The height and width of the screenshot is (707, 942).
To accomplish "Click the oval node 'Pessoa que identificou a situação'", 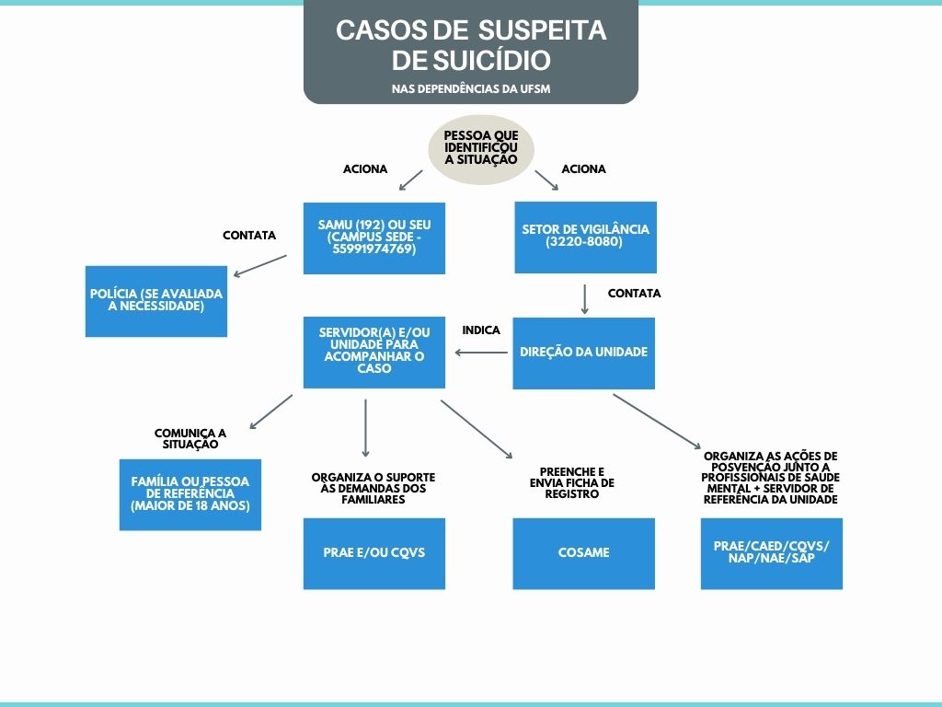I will coord(481,149).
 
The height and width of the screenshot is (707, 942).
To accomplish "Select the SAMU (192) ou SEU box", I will coord(374,238).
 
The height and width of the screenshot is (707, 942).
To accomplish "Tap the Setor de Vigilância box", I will coord(585,237).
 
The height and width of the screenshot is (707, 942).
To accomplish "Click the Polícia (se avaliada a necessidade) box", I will coord(156,300).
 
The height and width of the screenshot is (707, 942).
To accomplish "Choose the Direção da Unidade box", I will coord(583,353).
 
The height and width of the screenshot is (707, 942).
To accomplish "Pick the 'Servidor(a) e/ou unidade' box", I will coord(374,352).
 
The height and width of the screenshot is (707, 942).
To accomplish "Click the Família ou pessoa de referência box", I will coord(190,493).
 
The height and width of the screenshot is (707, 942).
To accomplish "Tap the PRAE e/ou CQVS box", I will coord(374,553).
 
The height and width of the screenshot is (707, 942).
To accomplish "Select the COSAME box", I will coord(583,553).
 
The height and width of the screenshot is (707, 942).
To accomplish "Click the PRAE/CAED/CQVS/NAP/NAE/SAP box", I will coord(771,553).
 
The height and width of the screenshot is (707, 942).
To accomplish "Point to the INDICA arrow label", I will coord(481,330).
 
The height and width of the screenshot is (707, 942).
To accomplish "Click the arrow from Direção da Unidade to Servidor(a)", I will coord(479,353).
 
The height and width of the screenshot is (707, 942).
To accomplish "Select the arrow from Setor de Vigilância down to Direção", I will coord(585,299).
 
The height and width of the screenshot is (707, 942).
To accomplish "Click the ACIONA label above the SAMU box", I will coord(365,169).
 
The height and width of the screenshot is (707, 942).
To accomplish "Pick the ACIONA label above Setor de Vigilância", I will coord(583,169).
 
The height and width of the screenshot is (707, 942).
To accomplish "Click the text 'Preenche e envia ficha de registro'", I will coord(572,482).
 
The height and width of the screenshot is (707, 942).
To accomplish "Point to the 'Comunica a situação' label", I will coord(190,438).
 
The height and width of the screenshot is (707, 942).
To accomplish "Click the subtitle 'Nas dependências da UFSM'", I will coord(471,89).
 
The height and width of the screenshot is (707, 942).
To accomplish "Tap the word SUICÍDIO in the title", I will coord(495,61).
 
